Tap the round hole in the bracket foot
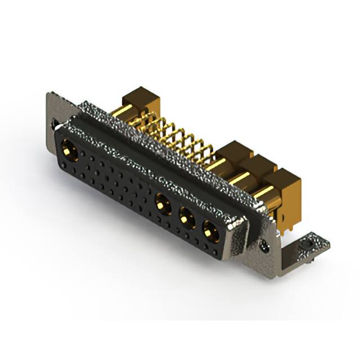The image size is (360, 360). pyautogui.click(x=308, y=246)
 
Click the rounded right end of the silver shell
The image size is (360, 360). pyautogui.click(x=239, y=231)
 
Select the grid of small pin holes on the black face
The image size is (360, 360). pyautogui.click(x=112, y=180)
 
